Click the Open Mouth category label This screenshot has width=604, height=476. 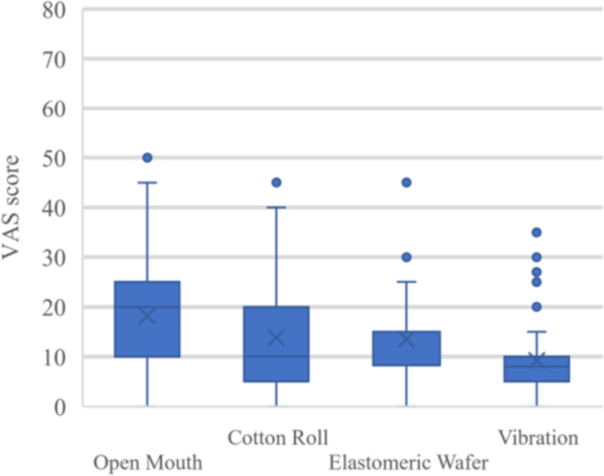tap(148, 463)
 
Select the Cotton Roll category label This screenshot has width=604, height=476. tap(278, 438)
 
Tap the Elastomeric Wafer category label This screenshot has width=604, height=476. tap(408, 463)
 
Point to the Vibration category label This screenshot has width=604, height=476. tap(538, 438)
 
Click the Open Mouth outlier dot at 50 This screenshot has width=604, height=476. tap(147, 158)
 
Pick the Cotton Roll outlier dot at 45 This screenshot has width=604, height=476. tap(277, 182)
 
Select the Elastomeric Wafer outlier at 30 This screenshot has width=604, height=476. tap(406, 257)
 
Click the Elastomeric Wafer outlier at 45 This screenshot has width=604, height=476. tap(406, 182)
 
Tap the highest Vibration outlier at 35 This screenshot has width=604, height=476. tap(536, 233)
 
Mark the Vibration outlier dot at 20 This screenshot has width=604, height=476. tap(536, 307)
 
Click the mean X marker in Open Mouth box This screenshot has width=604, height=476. tap(147, 316)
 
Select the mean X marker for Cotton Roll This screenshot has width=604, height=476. tap(277, 338)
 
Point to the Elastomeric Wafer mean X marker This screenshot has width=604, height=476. tap(406, 339)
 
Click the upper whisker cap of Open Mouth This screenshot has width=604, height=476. tap(147, 182)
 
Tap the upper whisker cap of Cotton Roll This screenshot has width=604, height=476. tap(277, 207)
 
